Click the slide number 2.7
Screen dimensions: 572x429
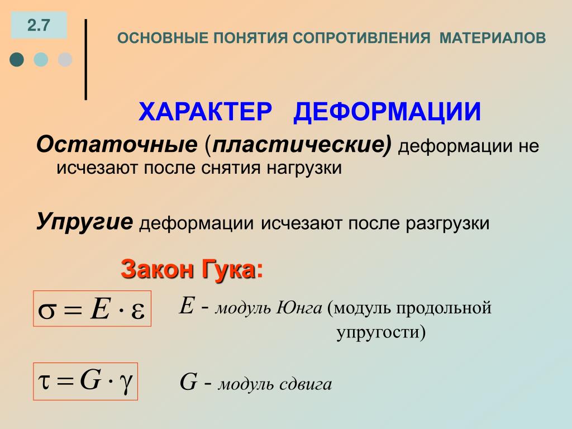[x=39, y=25]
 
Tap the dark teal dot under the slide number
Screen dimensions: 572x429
[x=17, y=59]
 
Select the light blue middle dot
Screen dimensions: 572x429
[x=41, y=59]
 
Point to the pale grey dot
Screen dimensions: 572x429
[x=65, y=59]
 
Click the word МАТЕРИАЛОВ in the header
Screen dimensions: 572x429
[x=493, y=38]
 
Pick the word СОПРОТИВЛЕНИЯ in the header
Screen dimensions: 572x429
[x=361, y=38]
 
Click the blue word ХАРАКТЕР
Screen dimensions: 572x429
[x=206, y=111]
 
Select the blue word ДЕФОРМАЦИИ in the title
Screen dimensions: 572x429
[x=387, y=112]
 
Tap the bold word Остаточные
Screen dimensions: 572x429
[x=117, y=144]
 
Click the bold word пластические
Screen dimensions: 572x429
[x=298, y=145]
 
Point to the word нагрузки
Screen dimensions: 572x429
[x=304, y=169]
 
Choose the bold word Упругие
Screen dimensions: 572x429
[x=85, y=222]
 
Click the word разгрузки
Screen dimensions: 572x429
[x=447, y=223]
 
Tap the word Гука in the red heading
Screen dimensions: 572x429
[x=228, y=270]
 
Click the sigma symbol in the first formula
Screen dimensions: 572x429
[x=47, y=311]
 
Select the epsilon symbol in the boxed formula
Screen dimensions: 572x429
[x=137, y=311]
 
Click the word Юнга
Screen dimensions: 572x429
[x=299, y=308]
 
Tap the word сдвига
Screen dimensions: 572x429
[x=306, y=384]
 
